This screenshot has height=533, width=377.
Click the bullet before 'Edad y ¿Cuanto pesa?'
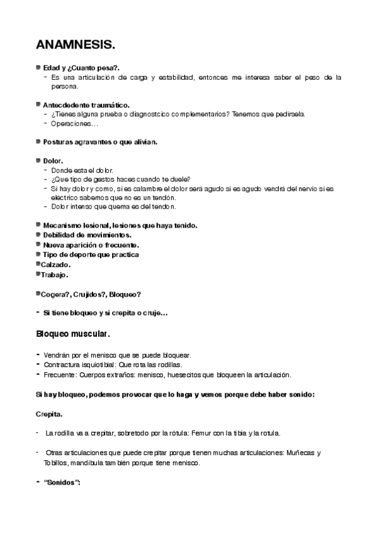coord(38,67)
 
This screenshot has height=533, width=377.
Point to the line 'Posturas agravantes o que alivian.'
coord(100,142)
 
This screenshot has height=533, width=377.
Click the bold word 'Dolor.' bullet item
coord(53,161)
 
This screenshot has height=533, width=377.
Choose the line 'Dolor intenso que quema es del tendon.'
coord(114,206)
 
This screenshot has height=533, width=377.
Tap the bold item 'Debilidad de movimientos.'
coord(87,234)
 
